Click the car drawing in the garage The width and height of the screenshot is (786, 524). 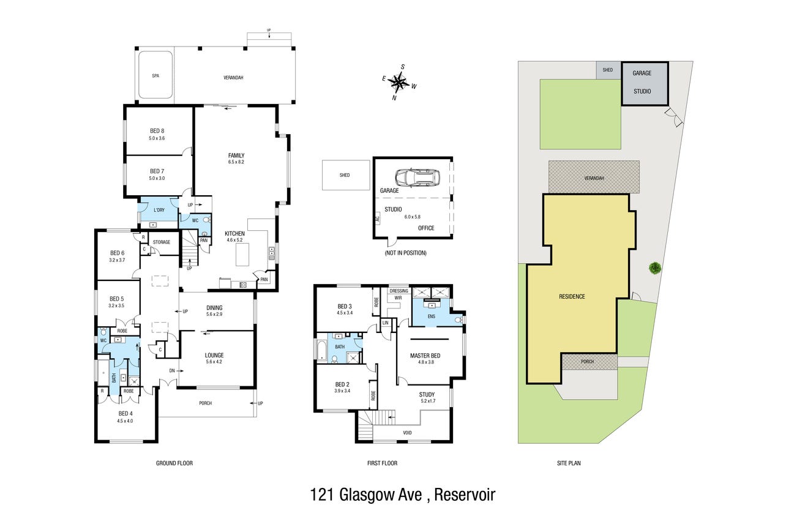(417, 178)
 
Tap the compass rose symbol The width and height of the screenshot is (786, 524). (399, 83)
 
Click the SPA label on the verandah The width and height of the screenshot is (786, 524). (155, 76)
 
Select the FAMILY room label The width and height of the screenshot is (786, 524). (236, 155)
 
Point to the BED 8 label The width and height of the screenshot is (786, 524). (157, 131)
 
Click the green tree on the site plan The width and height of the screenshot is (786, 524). (655, 269)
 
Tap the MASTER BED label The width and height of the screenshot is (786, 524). (425, 356)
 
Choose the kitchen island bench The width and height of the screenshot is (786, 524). (242, 255)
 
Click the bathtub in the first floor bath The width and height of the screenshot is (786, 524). (322, 349)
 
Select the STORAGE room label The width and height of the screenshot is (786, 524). (162, 242)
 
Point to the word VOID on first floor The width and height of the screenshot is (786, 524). (407, 433)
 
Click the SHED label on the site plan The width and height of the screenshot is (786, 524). (607, 70)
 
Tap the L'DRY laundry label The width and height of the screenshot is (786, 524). (159, 210)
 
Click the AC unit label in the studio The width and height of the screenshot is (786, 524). (378, 219)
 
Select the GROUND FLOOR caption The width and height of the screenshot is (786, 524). (174, 463)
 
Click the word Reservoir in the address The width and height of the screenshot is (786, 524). (465, 495)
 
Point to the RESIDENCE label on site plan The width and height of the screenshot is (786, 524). (572, 296)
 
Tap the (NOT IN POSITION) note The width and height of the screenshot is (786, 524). (406, 253)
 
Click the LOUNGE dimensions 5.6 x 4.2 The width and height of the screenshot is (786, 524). (214, 362)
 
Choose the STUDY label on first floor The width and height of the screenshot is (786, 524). (427, 394)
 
